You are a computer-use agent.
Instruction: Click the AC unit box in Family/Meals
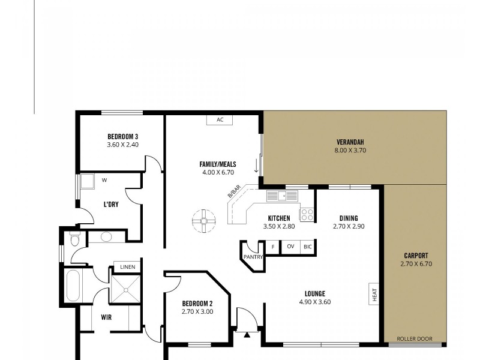(220, 119)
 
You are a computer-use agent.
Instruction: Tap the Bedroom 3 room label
(123, 136)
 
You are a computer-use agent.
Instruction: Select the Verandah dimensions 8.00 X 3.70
(353, 151)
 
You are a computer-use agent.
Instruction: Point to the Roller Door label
(414, 338)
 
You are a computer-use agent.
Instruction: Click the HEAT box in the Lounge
(374, 294)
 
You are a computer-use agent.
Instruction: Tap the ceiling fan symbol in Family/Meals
(204, 221)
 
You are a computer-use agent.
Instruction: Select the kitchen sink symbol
(282, 195)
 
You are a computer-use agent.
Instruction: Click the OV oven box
(290, 247)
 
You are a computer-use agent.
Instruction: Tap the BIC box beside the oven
(307, 247)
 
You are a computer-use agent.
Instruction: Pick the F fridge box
(273, 247)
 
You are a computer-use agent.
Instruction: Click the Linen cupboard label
(127, 267)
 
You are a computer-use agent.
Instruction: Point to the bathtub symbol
(73, 286)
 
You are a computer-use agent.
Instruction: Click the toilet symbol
(74, 240)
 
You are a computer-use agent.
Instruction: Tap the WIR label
(106, 317)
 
